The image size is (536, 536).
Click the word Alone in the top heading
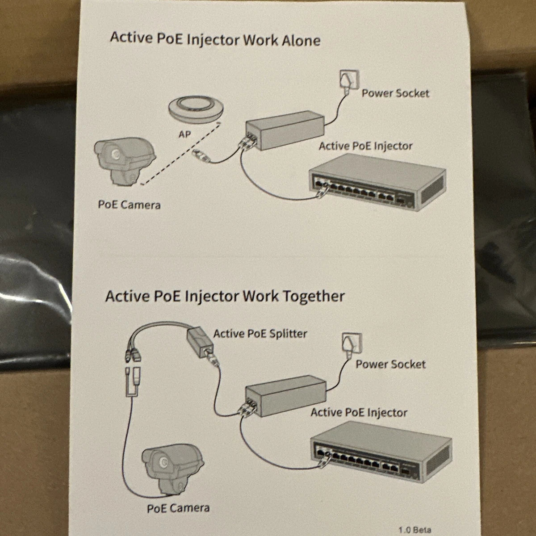point(301,40)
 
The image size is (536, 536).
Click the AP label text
point(185,134)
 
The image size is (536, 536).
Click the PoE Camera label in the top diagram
point(129,205)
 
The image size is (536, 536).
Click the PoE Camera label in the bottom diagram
point(178,508)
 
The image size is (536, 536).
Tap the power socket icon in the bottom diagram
point(352,344)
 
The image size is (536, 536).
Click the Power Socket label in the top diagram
point(395,93)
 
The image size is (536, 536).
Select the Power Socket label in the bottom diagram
point(390,364)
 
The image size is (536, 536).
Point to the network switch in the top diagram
point(377,183)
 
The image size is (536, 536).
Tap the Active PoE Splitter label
point(260,334)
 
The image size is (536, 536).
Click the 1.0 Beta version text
point(415,530)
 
